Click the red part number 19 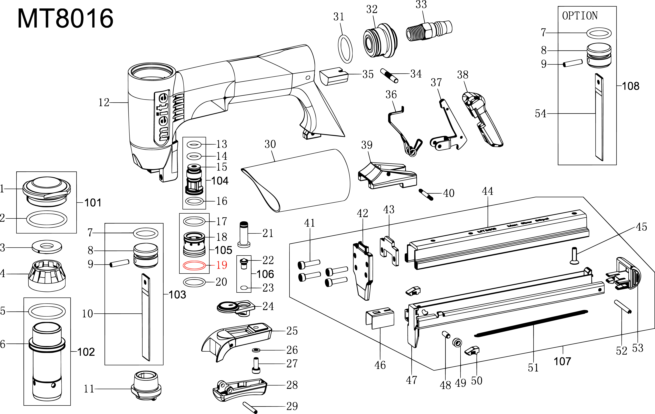221,265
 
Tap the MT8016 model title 65,18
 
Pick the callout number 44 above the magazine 487,191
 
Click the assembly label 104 220,181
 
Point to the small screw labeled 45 574,256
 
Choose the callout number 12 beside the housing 104,103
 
